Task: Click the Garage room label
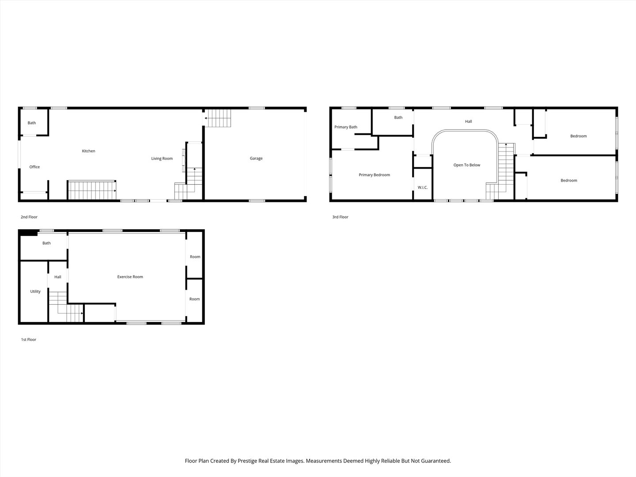tap(256, 159)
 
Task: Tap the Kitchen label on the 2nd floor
tap(88, 151)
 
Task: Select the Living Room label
tap(162, 159)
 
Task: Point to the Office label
tap(34, 167)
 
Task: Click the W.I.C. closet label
tap(423, 188)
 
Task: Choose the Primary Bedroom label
tap(374, 175)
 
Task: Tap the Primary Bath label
tap(346, 127)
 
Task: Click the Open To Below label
tap(466, 165)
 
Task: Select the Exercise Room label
tap(130, 277)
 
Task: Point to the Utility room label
tap(35, 291)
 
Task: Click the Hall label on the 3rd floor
tap(468, 121)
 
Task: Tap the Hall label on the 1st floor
tap(58, 277)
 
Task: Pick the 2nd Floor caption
tap(29, 217)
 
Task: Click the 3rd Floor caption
tap(341, 217)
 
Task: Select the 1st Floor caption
tap(29, 340)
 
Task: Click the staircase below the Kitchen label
tap(91, 190)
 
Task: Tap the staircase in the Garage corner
tap(218, 118)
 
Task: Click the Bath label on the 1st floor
tap(46, 243)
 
